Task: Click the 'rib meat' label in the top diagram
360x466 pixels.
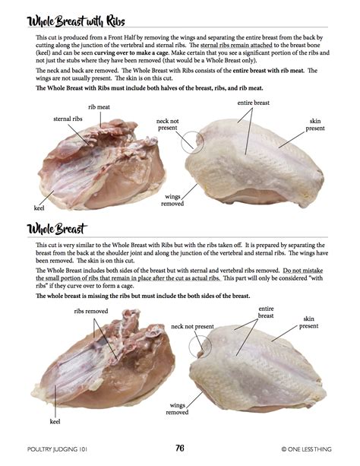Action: (x=99, y=107)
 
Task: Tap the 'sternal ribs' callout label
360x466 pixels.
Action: (x=68, y=119)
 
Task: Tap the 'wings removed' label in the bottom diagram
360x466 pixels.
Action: (x=177, y=407)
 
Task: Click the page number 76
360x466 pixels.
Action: (x=180, y=448)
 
